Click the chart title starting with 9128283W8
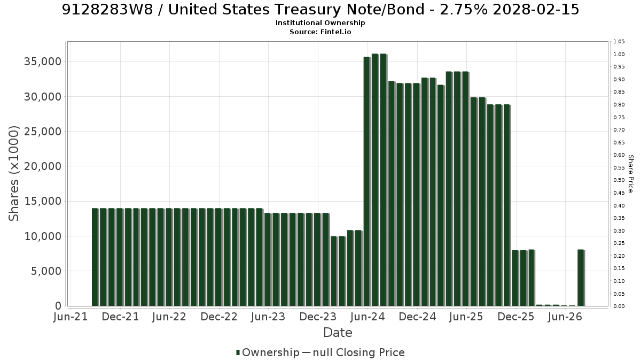(x=320, y=10)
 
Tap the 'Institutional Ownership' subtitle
(x=320, y=23)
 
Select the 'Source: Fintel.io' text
(x=320, y=32)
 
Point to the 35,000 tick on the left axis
(x=43, y=62)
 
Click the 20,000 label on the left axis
(x=43, y=166)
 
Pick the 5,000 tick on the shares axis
(x=46, y=271)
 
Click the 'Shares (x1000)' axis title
(x=13, y=174)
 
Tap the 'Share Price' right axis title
(x=630, y=174)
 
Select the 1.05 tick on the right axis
(x=619, y=42)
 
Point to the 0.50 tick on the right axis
(x=619, y=180)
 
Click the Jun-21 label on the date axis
(x=71, y=317)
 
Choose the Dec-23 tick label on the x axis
(x=318, y=317)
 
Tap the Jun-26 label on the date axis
(x=565, y=317)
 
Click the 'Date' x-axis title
(x=338, y=333)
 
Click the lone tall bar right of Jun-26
(x=581, y=278)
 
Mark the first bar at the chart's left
(x=95, y=257)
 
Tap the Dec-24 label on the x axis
(x=417, y=317)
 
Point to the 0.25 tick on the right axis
(x=619, y=243)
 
